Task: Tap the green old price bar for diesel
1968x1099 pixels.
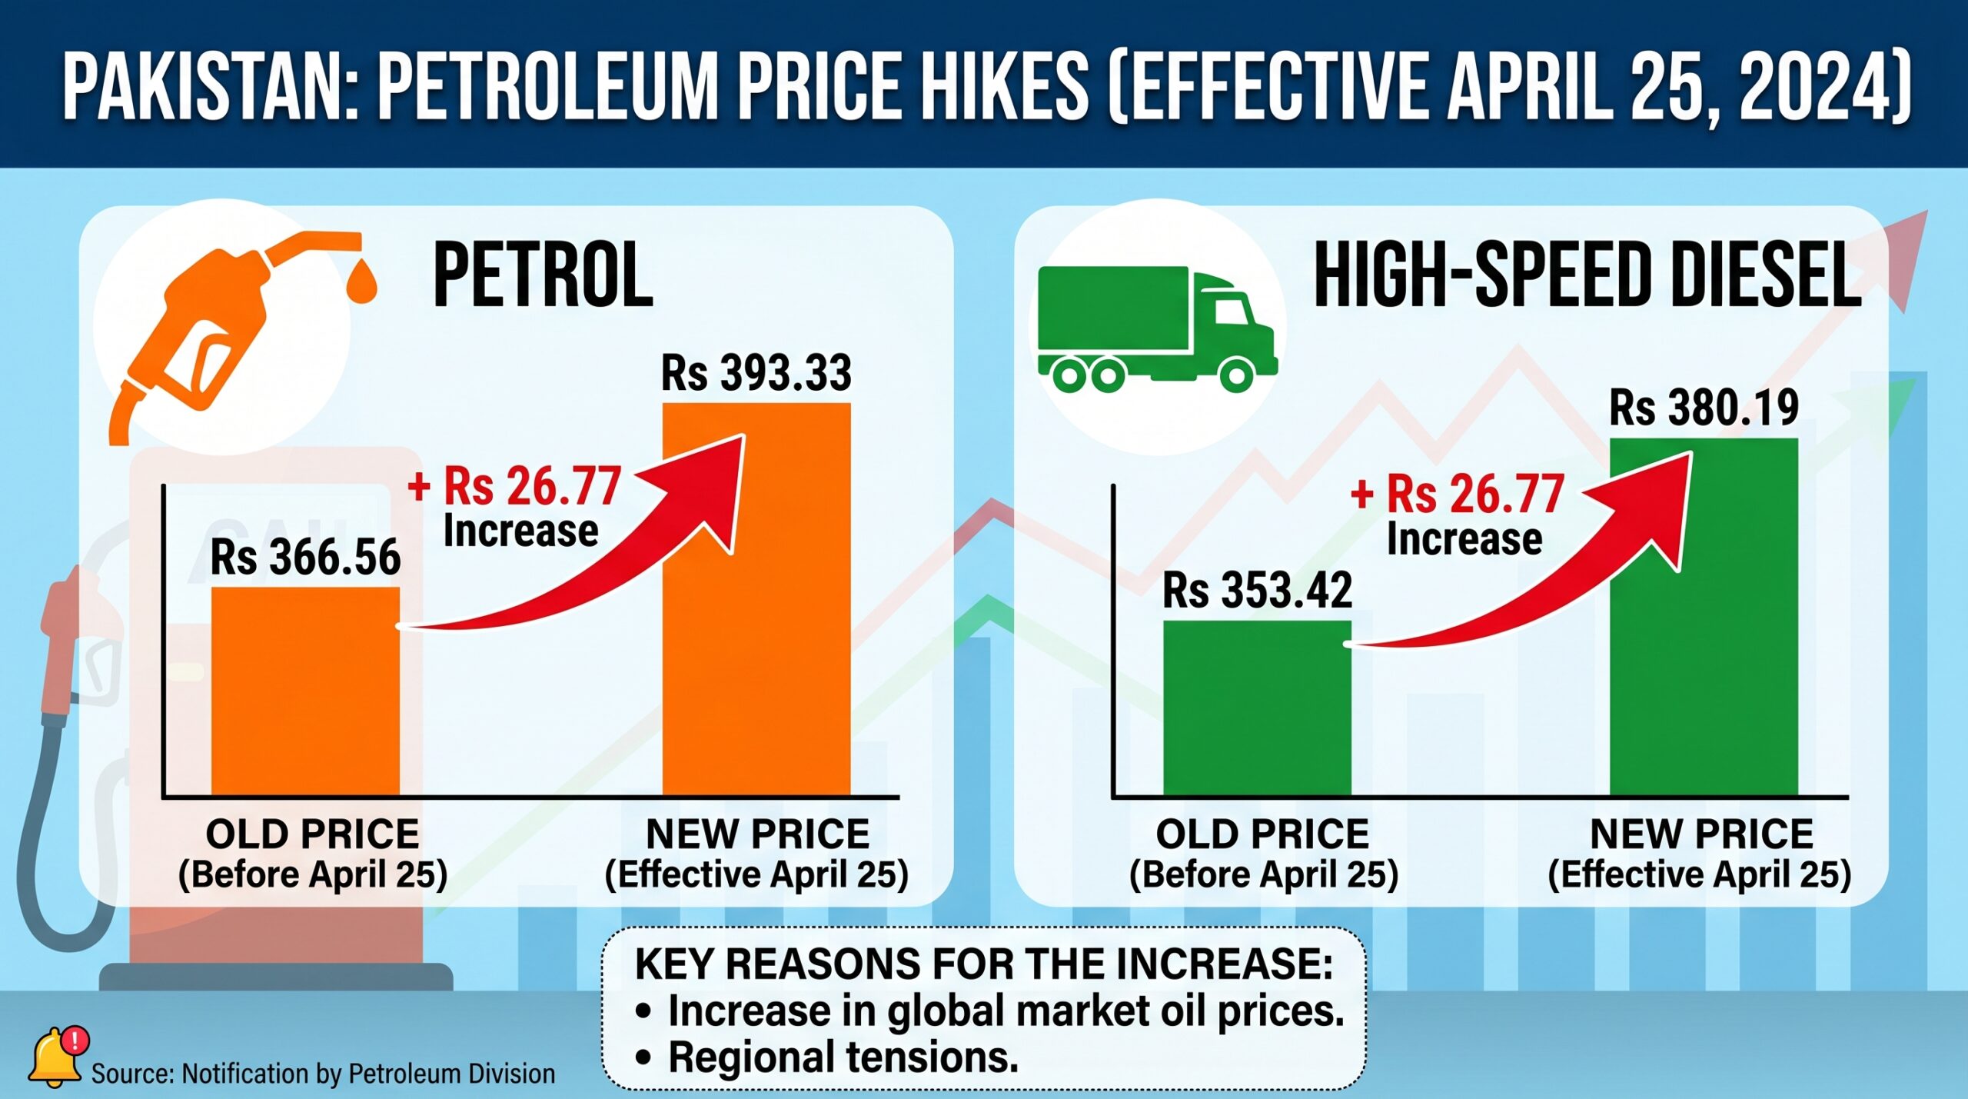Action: [1257, 707]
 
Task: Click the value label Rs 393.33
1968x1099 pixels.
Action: [756, 373]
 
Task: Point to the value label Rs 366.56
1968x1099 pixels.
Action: [305, 557]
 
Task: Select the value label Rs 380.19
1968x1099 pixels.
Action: [1704, 408]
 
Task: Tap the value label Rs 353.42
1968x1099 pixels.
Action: [1257, 591]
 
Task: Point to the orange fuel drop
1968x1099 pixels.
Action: [361, 282]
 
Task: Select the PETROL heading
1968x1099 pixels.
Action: [543, 275]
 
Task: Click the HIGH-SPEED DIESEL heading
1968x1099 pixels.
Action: [1587, 275]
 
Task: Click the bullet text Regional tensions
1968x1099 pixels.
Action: [843, 1057]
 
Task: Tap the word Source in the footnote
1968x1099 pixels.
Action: [123, 1074]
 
